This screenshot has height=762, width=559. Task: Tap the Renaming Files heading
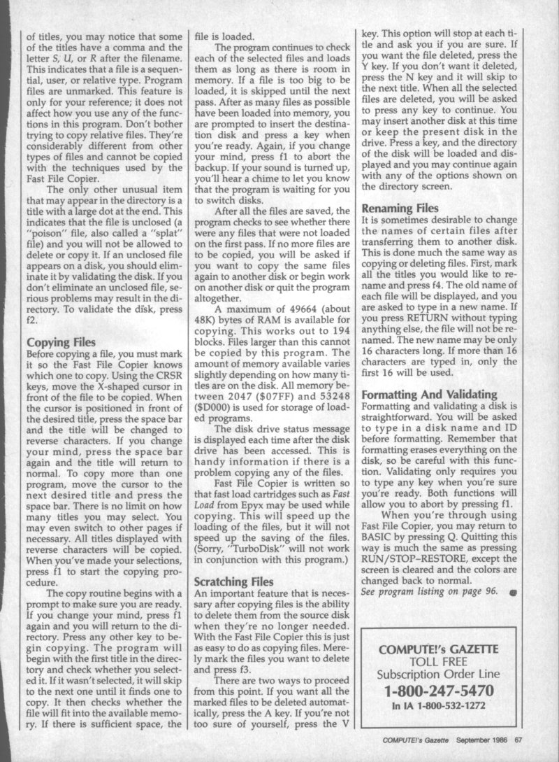pos(400,208)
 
